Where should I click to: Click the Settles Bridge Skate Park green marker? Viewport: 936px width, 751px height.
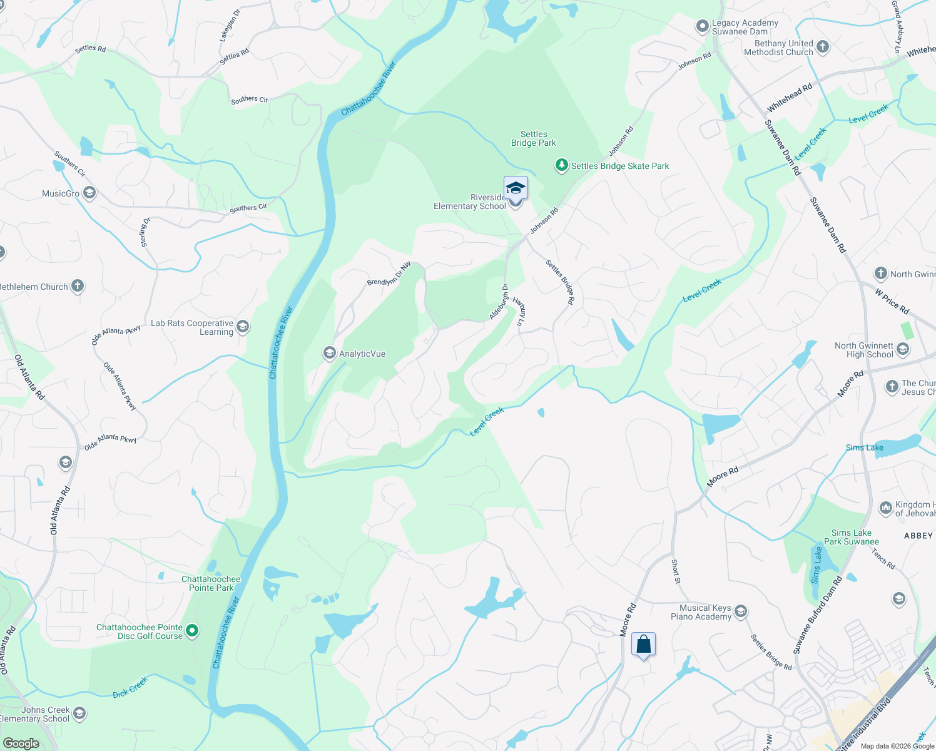(x=561, y=165)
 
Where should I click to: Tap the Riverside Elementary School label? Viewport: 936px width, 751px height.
(x=470, y=202)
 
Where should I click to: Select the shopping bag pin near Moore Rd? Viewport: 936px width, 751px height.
(x=643, y=645)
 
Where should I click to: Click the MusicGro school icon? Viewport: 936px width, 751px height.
(x=89, y=193)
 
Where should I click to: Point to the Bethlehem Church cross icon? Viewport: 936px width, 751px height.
(x=78, y=286)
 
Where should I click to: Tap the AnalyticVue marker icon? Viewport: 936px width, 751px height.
(x=329, y=354)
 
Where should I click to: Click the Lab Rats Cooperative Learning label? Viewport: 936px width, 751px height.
(x=192, y=327)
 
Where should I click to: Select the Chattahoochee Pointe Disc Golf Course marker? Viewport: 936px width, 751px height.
(x=193, y=631)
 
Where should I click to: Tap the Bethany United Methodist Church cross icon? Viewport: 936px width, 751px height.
(x=823, y=46)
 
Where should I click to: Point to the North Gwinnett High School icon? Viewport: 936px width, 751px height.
(x=903, y=349)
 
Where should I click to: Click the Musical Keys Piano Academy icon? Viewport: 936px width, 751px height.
(x=741, y=611)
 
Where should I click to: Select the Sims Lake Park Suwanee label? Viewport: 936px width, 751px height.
(x=851, y=537)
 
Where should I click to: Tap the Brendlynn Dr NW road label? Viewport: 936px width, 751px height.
(x=389, y=273)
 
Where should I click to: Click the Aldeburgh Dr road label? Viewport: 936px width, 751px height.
(x=499, y=301)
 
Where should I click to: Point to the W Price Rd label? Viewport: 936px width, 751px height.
(x=892, y=301)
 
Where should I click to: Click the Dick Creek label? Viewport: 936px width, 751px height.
(x=130, y=687)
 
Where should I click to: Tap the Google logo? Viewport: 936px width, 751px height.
(x=21, y=743)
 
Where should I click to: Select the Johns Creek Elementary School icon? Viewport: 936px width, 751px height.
(x=79, y=713)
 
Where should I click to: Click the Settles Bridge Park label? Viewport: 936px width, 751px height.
(x=533, y=138)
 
